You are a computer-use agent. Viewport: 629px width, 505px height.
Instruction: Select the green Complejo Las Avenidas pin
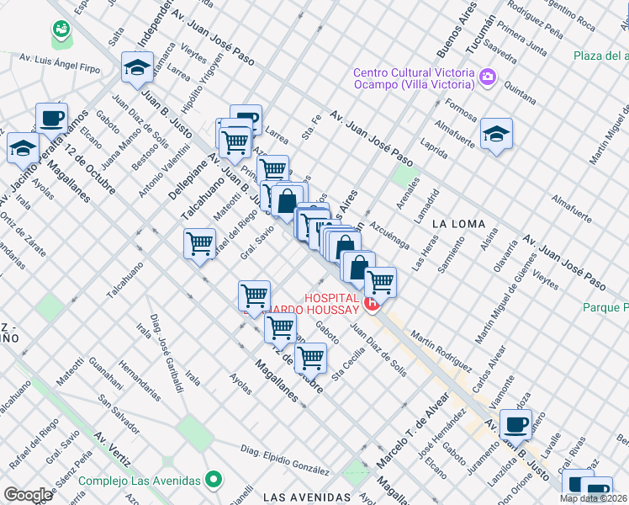pos(214,481)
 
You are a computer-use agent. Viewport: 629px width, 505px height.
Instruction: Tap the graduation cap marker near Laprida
pos(496,134)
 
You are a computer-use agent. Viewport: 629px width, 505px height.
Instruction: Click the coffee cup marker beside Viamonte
pos(515,423)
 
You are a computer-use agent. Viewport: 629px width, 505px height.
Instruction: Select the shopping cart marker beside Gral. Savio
pos(199,244)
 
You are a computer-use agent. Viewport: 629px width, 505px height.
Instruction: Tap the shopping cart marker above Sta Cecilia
pos(311,358)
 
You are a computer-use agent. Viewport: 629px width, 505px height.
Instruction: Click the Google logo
pos(28,495)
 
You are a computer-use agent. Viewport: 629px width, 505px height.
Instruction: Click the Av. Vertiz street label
pos(112,450)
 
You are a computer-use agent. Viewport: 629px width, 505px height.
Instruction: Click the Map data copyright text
pos(594,498)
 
